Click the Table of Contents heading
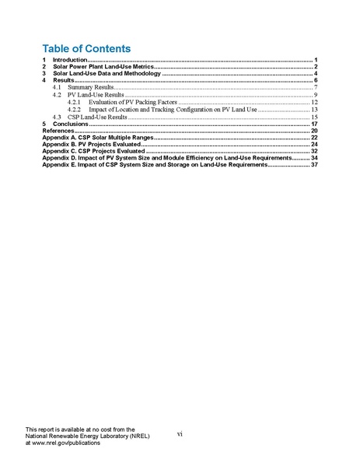[x=86, y=48]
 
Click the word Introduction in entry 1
[x=69, y=60]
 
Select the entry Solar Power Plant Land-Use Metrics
[x=103, y=67]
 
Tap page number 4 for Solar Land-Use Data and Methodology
[x=316, y=74]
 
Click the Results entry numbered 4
[x=63, y=81]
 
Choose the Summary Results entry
[x=91, y=88]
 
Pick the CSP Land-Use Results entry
[x=97, y=117]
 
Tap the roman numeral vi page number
[x=180, y=434]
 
